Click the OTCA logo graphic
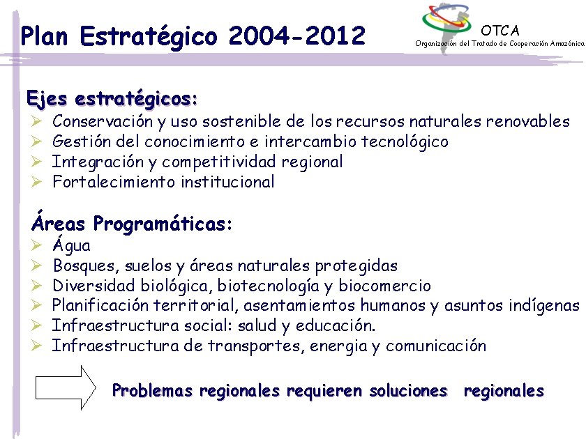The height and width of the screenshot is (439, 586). click(447, 24)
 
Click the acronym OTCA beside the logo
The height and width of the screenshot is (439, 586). click(500, 30)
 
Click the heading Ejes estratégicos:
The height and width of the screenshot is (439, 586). click(112, 98)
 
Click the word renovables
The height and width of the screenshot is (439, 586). click(528, 122)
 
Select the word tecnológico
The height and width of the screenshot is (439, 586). click(405, 142)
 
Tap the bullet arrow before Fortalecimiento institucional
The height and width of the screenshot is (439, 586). click(38, 183)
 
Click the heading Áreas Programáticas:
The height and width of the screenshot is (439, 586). click(131, 224)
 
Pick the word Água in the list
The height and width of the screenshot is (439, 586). click(71, 246)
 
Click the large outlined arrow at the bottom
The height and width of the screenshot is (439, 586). click(64, 387)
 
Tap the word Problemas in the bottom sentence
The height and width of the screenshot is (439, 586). click(152, 391)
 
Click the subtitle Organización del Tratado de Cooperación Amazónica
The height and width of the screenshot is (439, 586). click(499, 43)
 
